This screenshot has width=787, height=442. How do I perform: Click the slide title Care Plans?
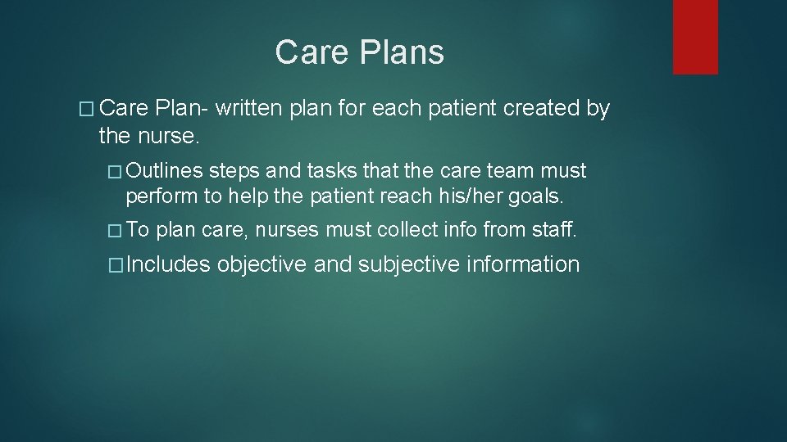pyautogui.click(x=359, y=52)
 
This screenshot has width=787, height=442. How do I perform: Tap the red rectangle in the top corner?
pyautogui.click(x=695, y=37)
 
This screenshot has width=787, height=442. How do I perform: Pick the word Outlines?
pyautogui.click(x=165, y=171)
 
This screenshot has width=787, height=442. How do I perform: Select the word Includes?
pyautogui.click(x=169, y=264)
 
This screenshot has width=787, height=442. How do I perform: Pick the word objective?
pyautogui.click(x=262, y=264)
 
